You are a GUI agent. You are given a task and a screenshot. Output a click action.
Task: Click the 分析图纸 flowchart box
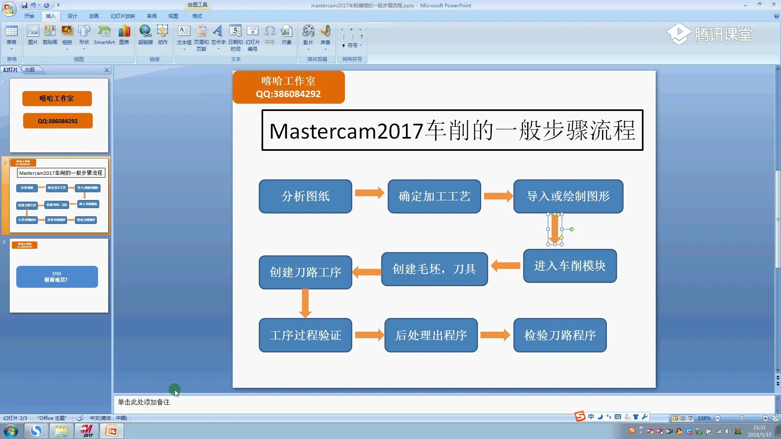tap(305, 196)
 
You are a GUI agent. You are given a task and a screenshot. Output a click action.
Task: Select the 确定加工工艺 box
tap(434, 196)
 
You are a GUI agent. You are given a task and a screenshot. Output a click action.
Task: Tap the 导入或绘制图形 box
tap(568, 196)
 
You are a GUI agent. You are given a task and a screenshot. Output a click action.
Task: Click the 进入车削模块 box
tap(569, 266)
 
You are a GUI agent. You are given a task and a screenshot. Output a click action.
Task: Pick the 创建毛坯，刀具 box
tap(434, 269)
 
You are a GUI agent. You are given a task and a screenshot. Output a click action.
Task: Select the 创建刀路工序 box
tap(305, 272)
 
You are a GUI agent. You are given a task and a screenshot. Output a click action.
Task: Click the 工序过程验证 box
tap(305, 335)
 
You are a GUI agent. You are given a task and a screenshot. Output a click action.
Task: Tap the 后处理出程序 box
tap(431, 335)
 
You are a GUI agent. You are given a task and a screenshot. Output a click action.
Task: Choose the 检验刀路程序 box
tap(560, 335)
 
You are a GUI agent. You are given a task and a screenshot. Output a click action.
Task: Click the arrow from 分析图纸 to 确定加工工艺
tap(369, 193)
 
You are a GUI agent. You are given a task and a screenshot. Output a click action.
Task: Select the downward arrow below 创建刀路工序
tap(305, 303)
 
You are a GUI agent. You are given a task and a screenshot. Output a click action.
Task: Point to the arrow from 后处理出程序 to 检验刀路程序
tap(495, 335)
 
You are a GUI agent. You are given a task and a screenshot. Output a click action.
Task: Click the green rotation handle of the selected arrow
tap(572, 229)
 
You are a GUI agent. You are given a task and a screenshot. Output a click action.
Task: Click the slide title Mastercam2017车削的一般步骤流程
tap(452, 130)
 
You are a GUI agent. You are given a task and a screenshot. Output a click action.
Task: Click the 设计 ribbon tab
tap(72, 16)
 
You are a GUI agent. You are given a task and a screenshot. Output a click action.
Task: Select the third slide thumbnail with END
tap(59, 275)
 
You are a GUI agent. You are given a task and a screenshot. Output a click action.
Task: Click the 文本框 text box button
tap(184, 36)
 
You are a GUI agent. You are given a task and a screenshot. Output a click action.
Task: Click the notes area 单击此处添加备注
tap(144, 402)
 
